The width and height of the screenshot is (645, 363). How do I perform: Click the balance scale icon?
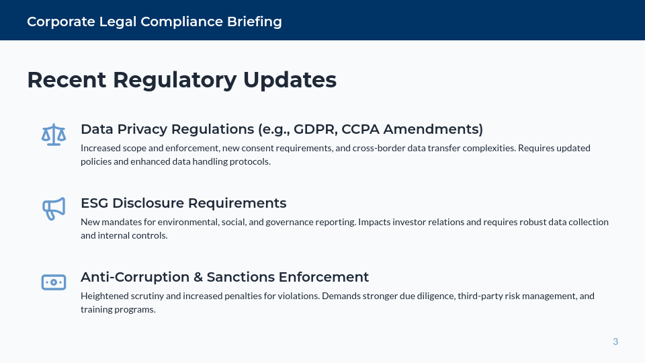54,134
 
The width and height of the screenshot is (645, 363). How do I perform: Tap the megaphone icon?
54,208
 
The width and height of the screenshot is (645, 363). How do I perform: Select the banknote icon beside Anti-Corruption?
54,282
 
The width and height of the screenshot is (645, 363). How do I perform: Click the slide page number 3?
615,341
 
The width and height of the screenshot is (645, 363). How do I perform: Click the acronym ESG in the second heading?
94,203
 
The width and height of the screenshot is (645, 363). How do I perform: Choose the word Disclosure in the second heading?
147,203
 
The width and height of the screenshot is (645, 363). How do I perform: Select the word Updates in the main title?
290,79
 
